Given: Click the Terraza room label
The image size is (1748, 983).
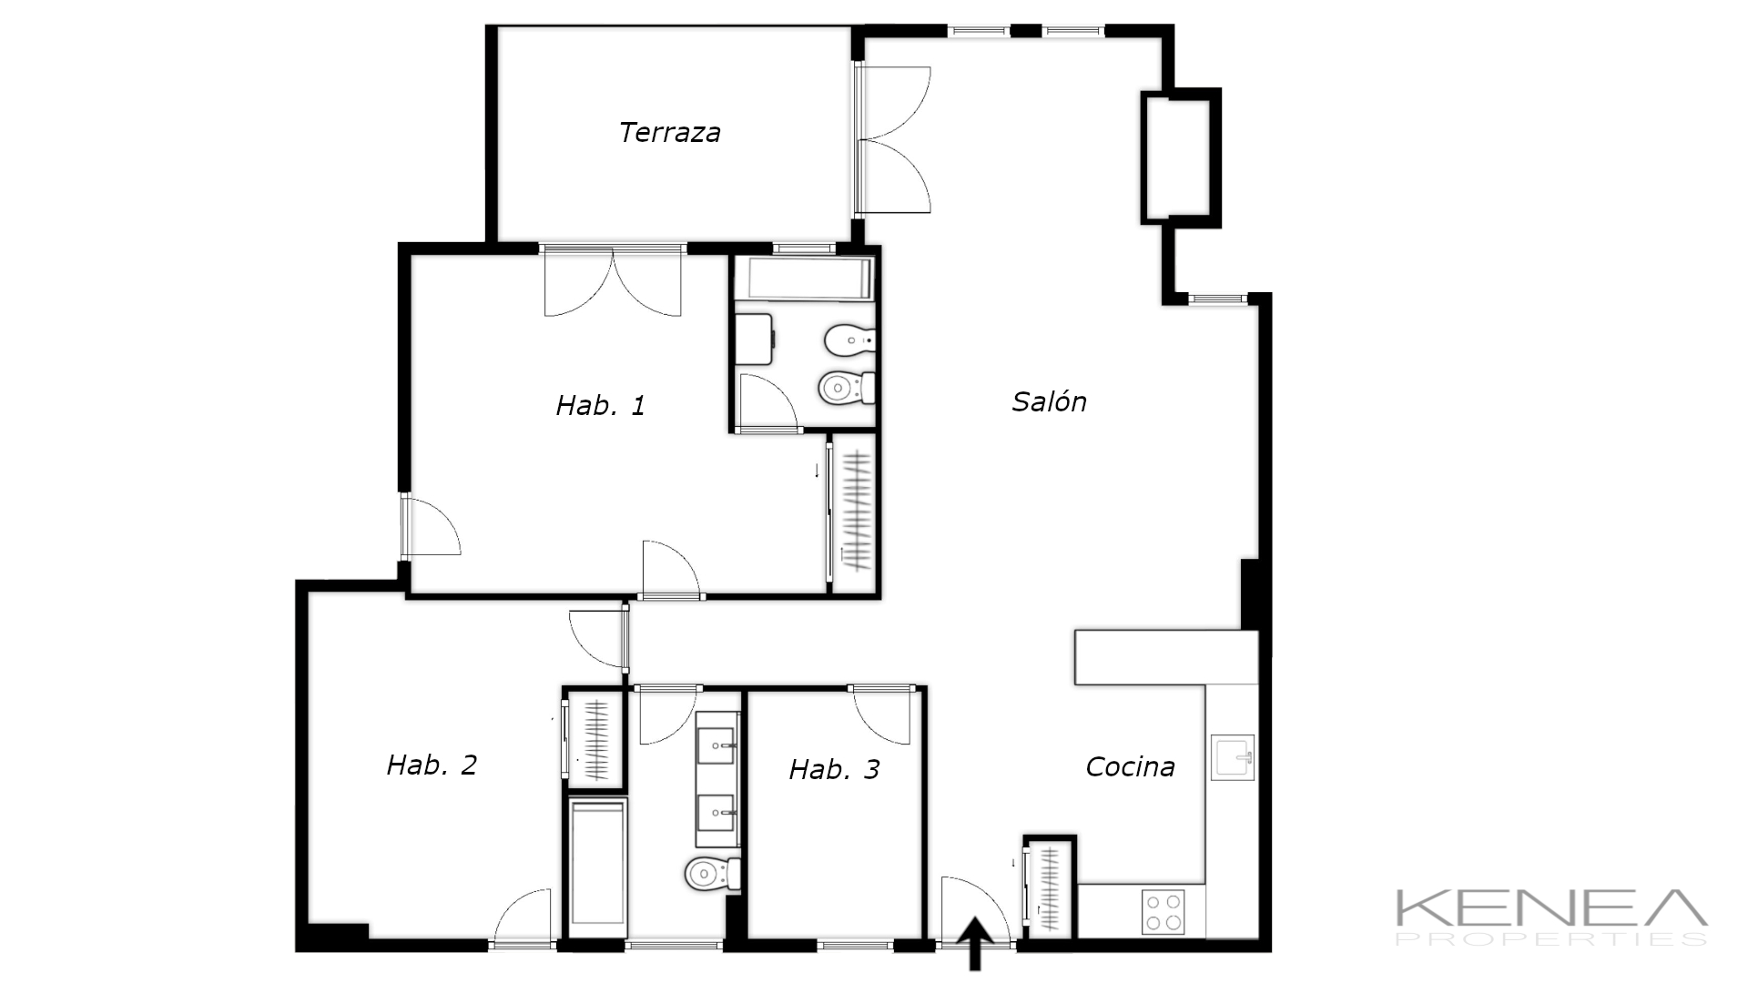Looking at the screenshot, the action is [670, 133].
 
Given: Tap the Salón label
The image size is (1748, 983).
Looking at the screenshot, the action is [1049, 401].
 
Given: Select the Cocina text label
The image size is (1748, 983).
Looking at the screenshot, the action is [1130, 767].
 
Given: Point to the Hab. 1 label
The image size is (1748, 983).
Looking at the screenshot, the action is [600, 405].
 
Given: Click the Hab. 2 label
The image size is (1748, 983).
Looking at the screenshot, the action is [432, 765].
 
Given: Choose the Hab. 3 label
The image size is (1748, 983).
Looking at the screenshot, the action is [834, 770].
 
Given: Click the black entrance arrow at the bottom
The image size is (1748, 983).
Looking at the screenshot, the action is [975, 944].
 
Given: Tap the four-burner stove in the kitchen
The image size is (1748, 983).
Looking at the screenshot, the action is [1164, 912].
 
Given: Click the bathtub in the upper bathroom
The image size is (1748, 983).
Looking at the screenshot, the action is [804, 279].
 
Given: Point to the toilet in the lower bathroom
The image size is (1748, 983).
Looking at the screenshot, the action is [712, 875].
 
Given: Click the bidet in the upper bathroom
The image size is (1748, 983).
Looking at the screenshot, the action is [849, 341].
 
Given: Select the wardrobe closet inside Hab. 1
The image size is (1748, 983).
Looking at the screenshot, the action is [854, 514].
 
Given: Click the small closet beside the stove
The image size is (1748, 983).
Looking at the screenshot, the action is [1050, 888].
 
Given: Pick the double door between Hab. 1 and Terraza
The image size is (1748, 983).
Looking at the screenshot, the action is [613, 281].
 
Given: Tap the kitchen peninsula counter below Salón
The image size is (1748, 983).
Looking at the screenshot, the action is [1166, 657].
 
